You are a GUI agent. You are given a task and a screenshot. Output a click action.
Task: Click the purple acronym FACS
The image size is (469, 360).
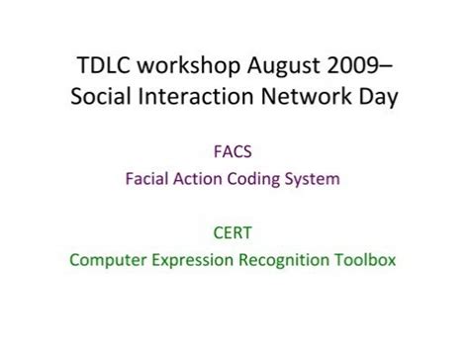[234, 152]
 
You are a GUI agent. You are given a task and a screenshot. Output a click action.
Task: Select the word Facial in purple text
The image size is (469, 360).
[148, 179]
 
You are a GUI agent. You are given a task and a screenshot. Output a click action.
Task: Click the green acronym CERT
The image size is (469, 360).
[234, 233]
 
